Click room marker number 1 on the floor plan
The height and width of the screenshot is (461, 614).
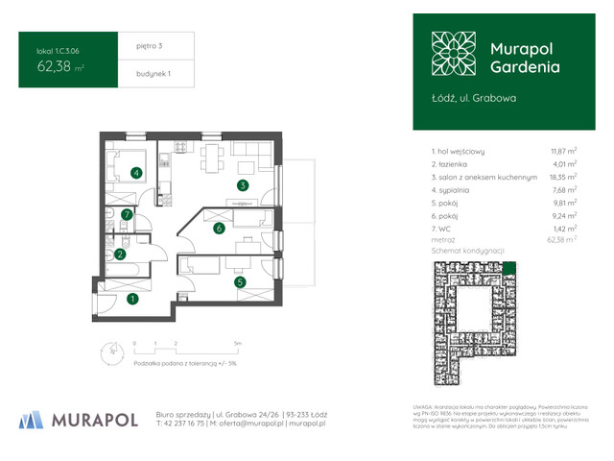(x=132, y=299)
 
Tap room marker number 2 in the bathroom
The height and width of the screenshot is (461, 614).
(x=120, y=255)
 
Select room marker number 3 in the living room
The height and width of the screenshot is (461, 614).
(x=243, y=185)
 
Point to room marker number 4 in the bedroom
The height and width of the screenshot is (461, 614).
(x=137, y=173)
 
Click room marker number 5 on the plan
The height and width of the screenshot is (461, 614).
(x=241, y=281)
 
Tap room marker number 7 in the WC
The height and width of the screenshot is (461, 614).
(x=127, y=215)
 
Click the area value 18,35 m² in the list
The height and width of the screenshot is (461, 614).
(x=563, y=178)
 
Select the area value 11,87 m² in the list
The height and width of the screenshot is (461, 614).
(x=563, y=151)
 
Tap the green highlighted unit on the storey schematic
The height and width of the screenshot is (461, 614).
(x=509, y=268)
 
